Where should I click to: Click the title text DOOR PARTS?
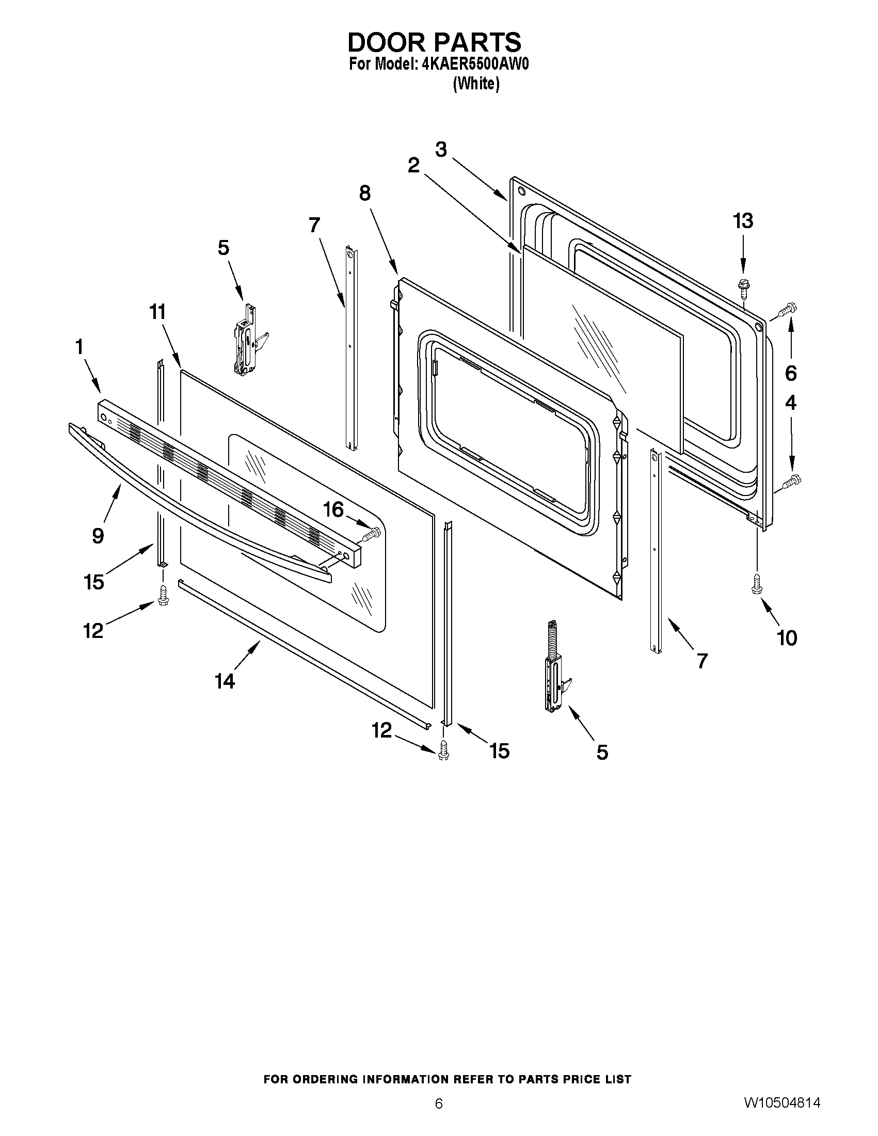[434, 42]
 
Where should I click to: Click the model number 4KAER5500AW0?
[472, 65]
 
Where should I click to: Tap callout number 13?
[743, 221]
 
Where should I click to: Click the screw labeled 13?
[742, 287]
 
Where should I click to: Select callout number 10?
[787, 638]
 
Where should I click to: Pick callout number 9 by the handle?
[98, 535]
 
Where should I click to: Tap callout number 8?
[364, 194]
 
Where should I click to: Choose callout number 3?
[441, 150]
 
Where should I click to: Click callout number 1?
[79, 347]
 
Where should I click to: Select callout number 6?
[790, 373]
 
